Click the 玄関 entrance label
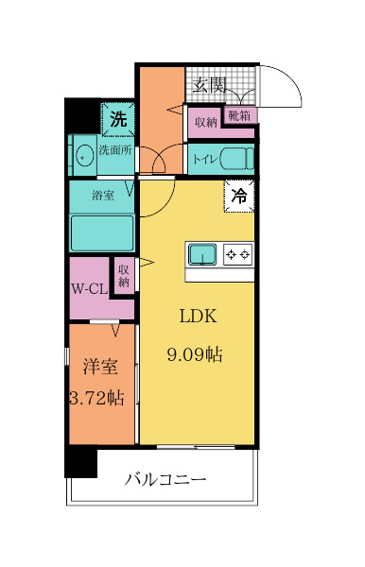click(x=209, y=86)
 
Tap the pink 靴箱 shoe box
click(x=237, y=115)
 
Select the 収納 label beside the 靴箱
click(x=205, y=122)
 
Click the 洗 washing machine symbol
click(x=117, y=120)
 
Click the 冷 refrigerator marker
click(x=239, y=197)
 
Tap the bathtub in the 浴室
click(x=101, y=232)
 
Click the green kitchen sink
click(x=202, y=253)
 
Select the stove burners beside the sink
click(x=236, y=253)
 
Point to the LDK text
click(x=195, y=317)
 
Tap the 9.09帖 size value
click(x=195, y=355)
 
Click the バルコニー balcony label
click(x=165, y=480)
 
